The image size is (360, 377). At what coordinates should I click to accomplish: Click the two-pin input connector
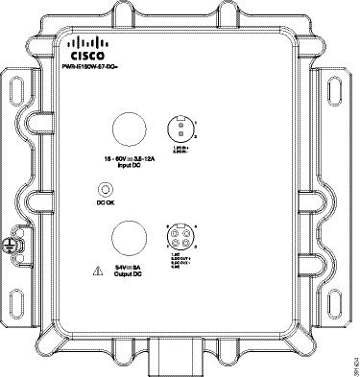tap(179, 127)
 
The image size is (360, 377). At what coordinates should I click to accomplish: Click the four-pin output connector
tap(180, 235)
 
